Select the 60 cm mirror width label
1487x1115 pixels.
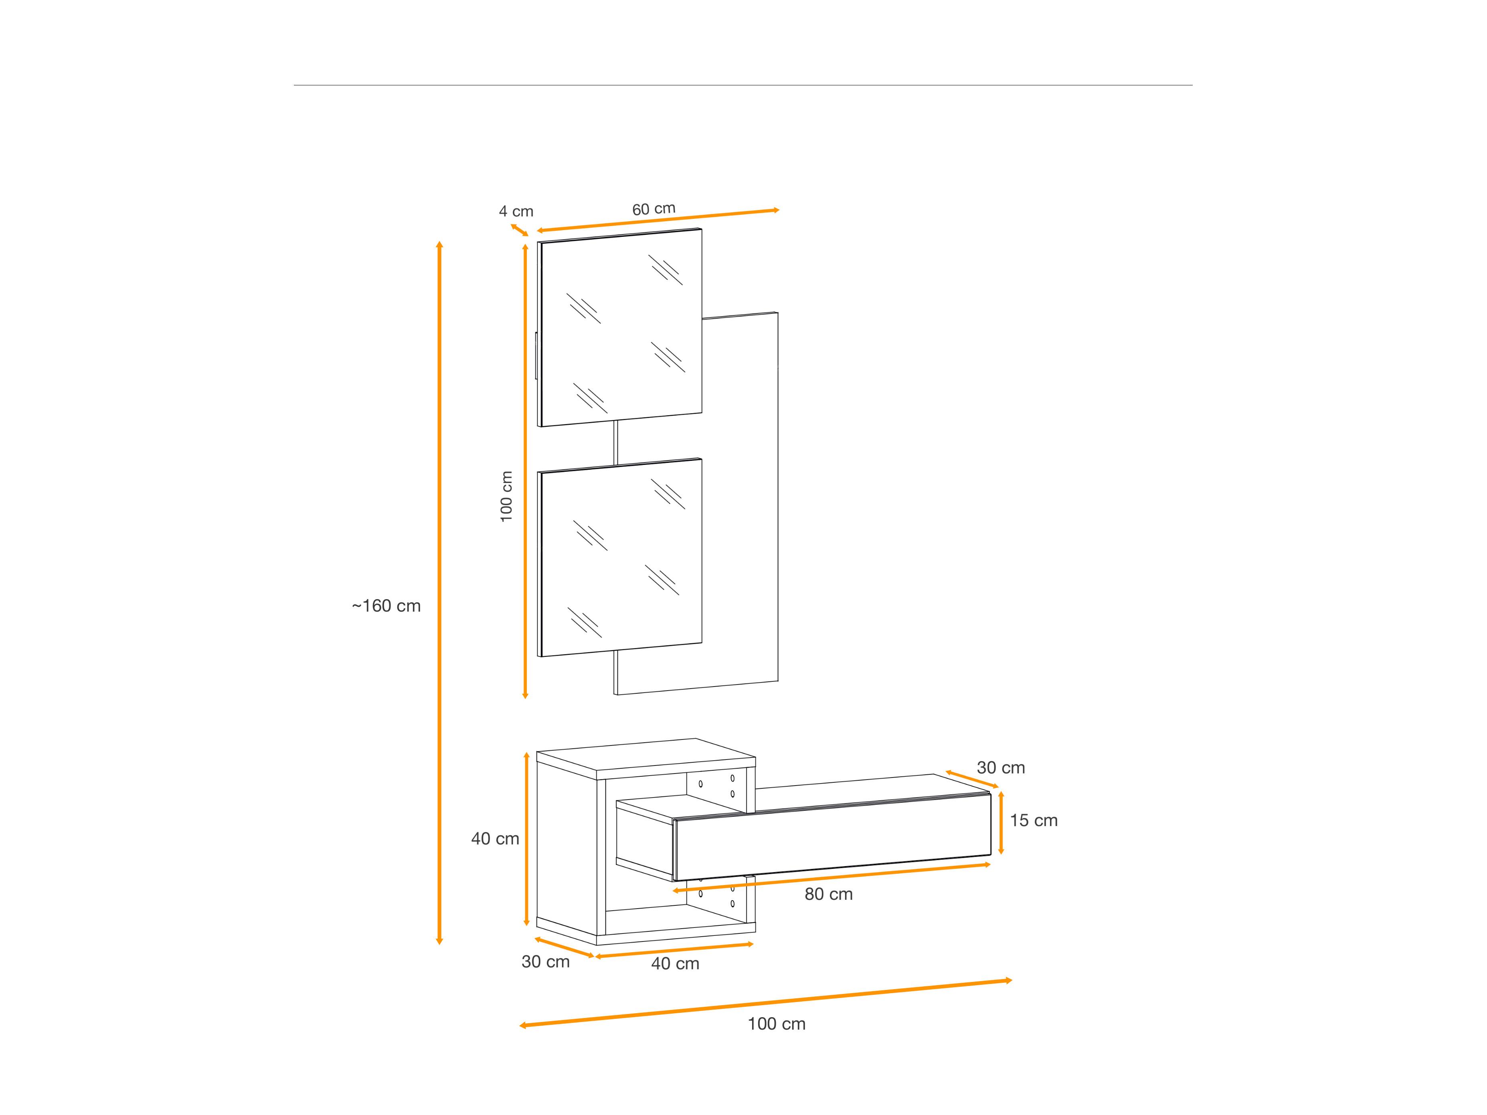click(x=653, y=209)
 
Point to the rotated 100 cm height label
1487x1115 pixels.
click(x=506, y=497)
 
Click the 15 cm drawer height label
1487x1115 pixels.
click(x=1034, y=821)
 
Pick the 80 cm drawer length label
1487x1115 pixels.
click(x=829, y=894)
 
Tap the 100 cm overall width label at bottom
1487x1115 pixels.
click(x=777, y=1024)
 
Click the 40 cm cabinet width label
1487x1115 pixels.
click(x=675, y=964)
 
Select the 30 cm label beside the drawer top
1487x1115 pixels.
click(x=1001, y=768)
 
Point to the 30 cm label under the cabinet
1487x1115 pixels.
click(x=546, y=962)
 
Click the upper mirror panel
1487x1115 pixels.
click(x=620, y=327)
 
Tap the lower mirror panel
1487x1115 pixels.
click(x=620, y=558)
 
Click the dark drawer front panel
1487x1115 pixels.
click(x=832, y=837)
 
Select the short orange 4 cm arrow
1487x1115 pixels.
click(x=519, y=230)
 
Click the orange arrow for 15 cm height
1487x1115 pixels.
click(x=1001, y=823)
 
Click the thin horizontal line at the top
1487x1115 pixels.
click(x=743, y=85)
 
